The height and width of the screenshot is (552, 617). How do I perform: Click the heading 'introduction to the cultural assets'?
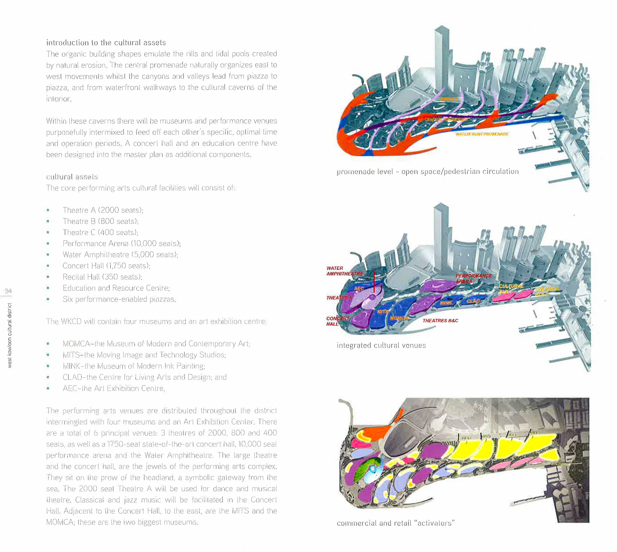pyautogui.click(x=106, y=42)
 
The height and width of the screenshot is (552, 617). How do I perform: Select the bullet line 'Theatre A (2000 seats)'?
pyautogui.click(x=103, y=210)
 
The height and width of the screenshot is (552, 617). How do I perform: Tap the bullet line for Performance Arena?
pyautogui.click(x=122, y=244)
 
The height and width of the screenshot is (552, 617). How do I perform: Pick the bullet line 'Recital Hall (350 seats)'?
pyautogui.click(x=102, y=277)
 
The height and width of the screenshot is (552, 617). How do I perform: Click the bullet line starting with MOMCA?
pyautogui.click(x=156, y=344)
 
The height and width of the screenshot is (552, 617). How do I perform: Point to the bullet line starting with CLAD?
pyautogui.click(x=144, y=377)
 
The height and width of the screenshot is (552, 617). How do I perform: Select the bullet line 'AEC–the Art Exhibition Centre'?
pyautogui.click(x=114, y=388)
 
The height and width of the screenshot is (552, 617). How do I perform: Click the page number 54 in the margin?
pyautogui.click(x=8, y=291)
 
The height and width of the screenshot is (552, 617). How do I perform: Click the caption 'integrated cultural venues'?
pyautogui.click(x=381, y=346)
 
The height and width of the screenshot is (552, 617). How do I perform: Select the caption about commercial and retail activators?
pyautogui.click(x=396, y=523)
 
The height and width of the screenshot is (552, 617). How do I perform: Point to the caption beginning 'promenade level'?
pyautogui.click(x=427, y=172)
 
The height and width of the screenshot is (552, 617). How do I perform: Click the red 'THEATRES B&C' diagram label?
pyautogui.click(x=440, y=321)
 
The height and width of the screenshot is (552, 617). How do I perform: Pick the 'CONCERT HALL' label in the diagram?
pyautogui.click(x=337, y=321)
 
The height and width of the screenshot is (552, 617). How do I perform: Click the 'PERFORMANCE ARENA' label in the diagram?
pyautogui.click(x=473, y=278)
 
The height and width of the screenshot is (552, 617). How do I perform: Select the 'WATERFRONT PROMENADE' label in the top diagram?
pyautogui.click(x=482, y=134)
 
